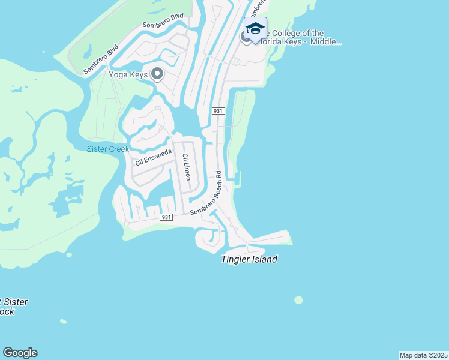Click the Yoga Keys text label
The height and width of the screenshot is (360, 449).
128,74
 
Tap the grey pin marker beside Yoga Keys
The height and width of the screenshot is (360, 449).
157,74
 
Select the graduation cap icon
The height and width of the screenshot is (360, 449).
255,29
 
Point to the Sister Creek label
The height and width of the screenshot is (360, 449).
108,149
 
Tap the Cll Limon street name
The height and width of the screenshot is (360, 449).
186,167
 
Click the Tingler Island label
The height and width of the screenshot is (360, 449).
249,259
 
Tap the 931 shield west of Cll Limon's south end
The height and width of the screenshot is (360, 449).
167,217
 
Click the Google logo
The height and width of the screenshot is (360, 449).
20,353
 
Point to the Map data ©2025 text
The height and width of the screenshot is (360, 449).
424,355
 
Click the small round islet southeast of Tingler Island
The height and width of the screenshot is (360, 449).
298,300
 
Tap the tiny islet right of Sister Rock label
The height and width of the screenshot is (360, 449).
63,322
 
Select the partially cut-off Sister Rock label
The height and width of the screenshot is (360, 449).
12,307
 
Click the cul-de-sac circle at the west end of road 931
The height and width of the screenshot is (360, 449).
127,223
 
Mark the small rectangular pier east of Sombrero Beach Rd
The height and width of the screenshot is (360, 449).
239,178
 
